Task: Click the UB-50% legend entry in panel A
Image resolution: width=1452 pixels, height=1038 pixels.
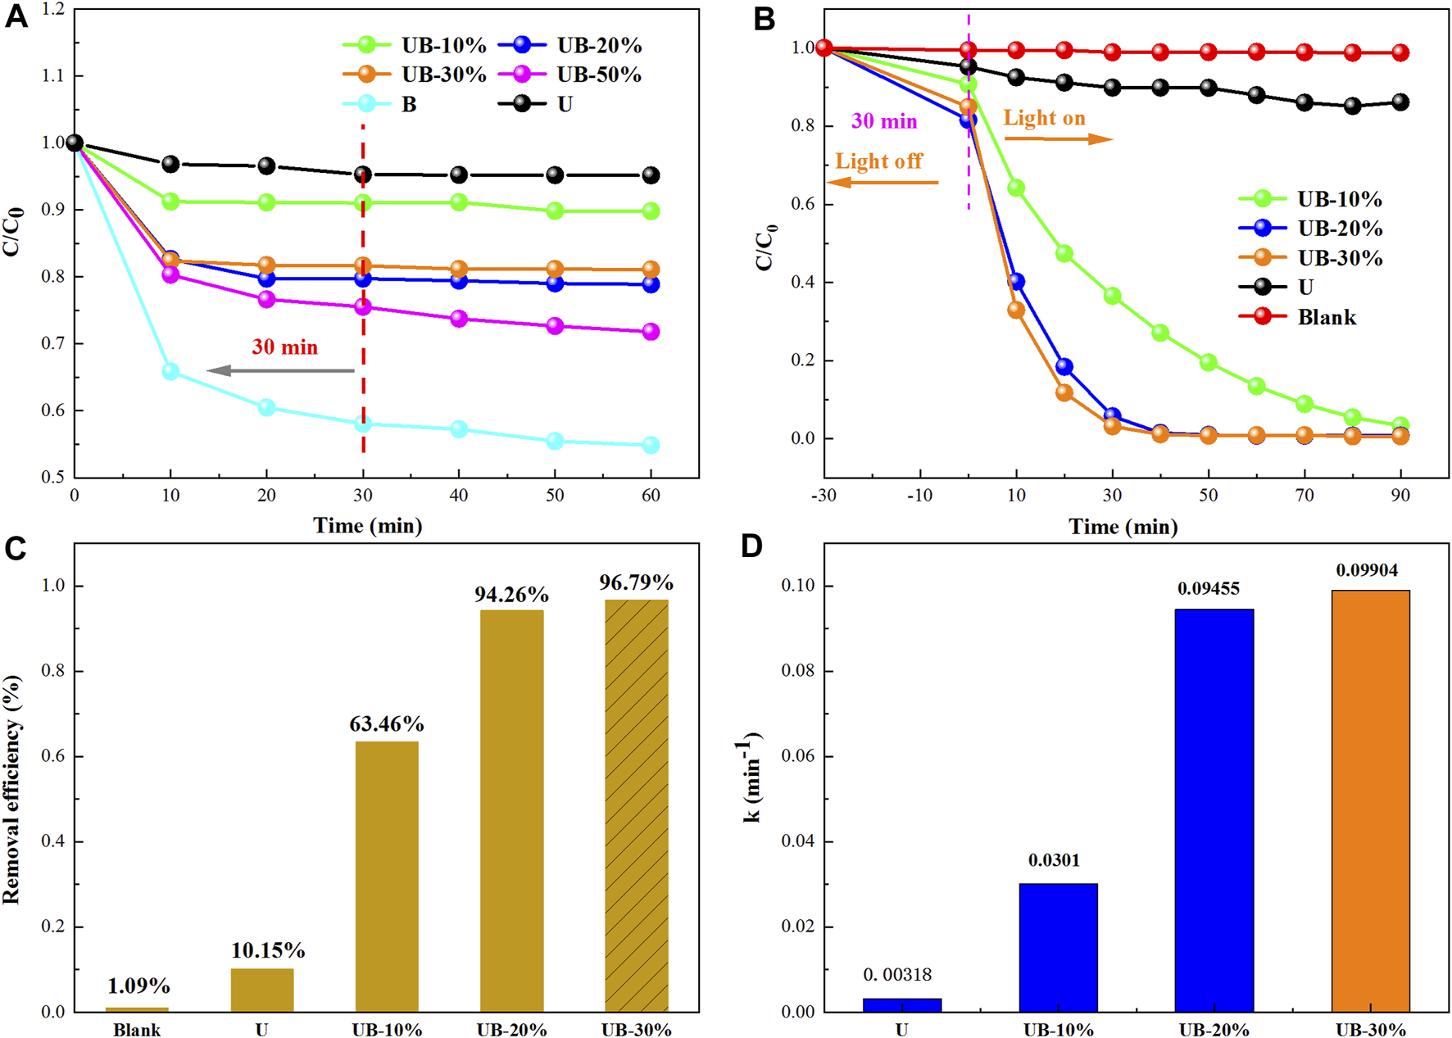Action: tap(573, 75)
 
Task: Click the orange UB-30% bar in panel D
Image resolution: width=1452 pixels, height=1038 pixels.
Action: tap(1370, 800)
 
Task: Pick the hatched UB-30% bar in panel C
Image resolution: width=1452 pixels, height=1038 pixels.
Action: tap(637, 805)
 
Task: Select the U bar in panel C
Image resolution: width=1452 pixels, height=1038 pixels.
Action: tap(262, 990)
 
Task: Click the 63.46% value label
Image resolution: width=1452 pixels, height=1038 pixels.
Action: tap(387, 724)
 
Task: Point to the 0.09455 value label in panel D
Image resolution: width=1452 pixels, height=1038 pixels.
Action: tap(1209, 589)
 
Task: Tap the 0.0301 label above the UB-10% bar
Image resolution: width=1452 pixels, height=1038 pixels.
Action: tap(1054, 860)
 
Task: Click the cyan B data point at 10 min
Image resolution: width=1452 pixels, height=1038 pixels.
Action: tap(170, 372)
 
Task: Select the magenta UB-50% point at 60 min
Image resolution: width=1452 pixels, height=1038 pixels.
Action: tap(651, 332)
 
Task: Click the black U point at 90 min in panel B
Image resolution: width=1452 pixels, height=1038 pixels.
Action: tap(1400, 102)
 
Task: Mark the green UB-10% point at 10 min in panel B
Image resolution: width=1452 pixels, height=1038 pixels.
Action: tap(1016, 188)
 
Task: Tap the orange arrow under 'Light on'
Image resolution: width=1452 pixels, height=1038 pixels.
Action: tap(1058, 139)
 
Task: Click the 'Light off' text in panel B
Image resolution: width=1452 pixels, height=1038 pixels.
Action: tap(878, 161)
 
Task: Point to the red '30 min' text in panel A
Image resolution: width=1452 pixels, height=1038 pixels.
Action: tap(284, 347)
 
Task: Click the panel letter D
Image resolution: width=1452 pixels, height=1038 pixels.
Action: tap(751, 546)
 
